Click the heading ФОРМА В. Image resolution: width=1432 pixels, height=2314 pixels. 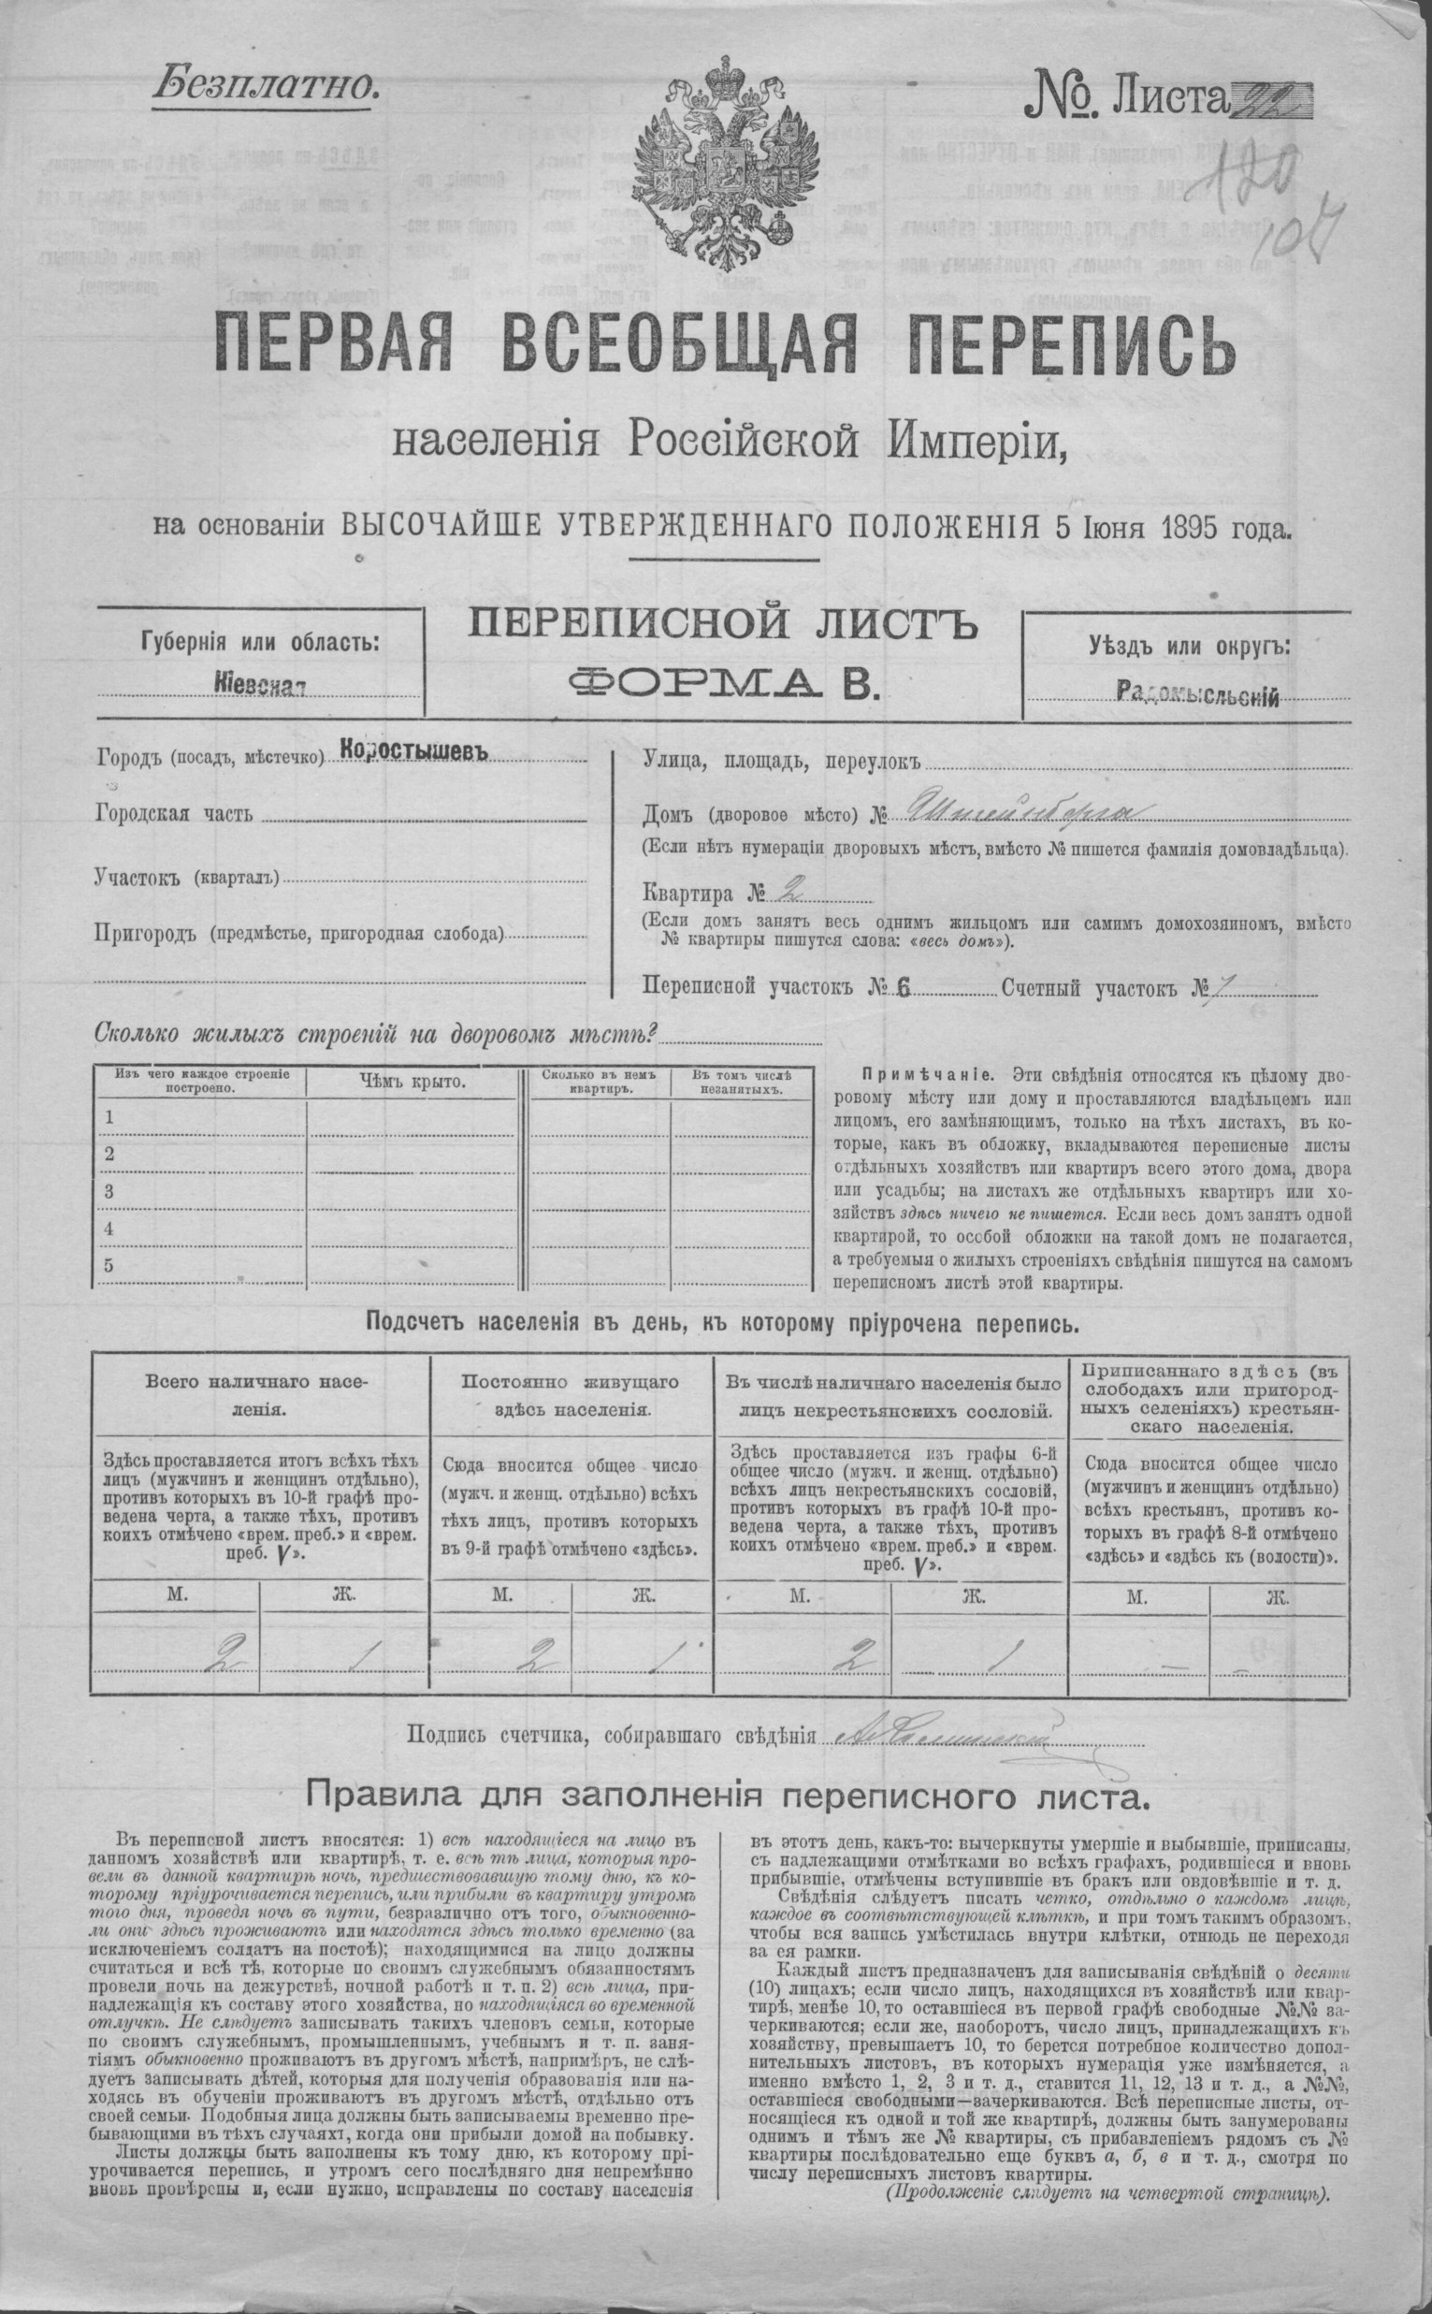pos(723,683)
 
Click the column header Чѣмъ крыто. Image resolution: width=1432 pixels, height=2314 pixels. pos(412,1082)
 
